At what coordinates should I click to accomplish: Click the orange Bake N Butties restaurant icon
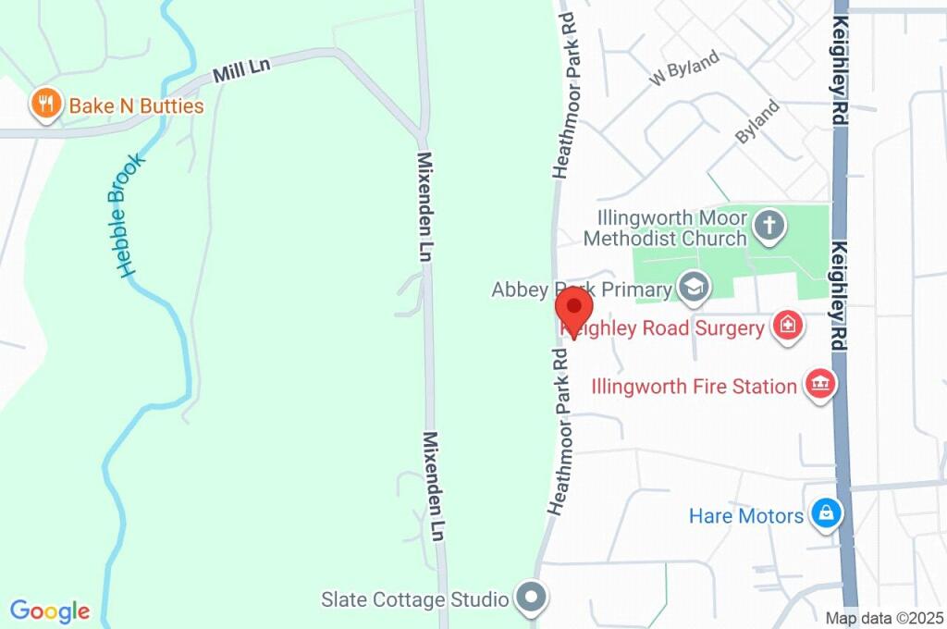pyautogui.click(x=45, y=105)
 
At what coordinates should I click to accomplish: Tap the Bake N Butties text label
pyautogui.click(x=136, y=106)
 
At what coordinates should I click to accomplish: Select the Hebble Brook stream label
pyautogui.click(x=132, y=215)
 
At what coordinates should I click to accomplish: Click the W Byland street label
pyautogui.click(x=684, y=70)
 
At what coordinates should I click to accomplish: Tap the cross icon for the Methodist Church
pyautogui.click(x=769, y=224)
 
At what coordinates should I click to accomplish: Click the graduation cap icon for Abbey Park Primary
pyautogui.click(x=692, y=287)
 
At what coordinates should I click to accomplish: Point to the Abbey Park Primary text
pyautogui.click(x=581, y=290)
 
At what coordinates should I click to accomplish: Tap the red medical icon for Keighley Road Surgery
pyautogui.click(x=787, y=326)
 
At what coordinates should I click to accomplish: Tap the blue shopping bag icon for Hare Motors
pyautogui.click(x=824, y=514)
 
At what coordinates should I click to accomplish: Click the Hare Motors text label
pyautogui.click(x=745, y=516)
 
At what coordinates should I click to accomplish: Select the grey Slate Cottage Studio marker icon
pyautogui.click(x=531, y=598)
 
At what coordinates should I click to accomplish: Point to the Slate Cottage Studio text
pyautogui.click(x=414, y=599)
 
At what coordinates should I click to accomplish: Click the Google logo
pyautogui.click(x=50, y=610)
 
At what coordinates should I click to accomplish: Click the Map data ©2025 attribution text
pyautogui.click(x=883, y=618)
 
